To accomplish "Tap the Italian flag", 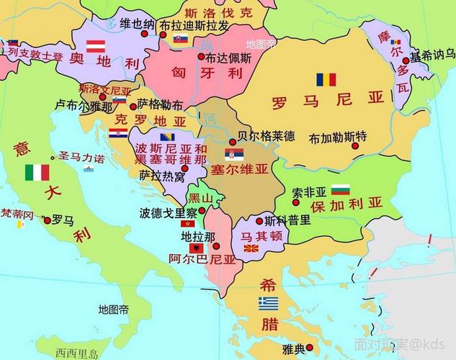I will coord(37,172).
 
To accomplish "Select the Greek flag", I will coord(269,302).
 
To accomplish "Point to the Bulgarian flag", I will coord(340,191).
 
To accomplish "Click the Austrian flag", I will coord(97,47).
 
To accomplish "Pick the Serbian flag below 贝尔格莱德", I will coord(235,154).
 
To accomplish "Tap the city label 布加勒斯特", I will coord(337,137).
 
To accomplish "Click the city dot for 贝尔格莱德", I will coord(232,140).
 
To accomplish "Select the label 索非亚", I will coord(309,192).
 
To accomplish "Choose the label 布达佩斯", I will coord(228,58).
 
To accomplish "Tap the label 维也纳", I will coord(137,24).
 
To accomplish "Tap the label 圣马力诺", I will coord(81,157).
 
